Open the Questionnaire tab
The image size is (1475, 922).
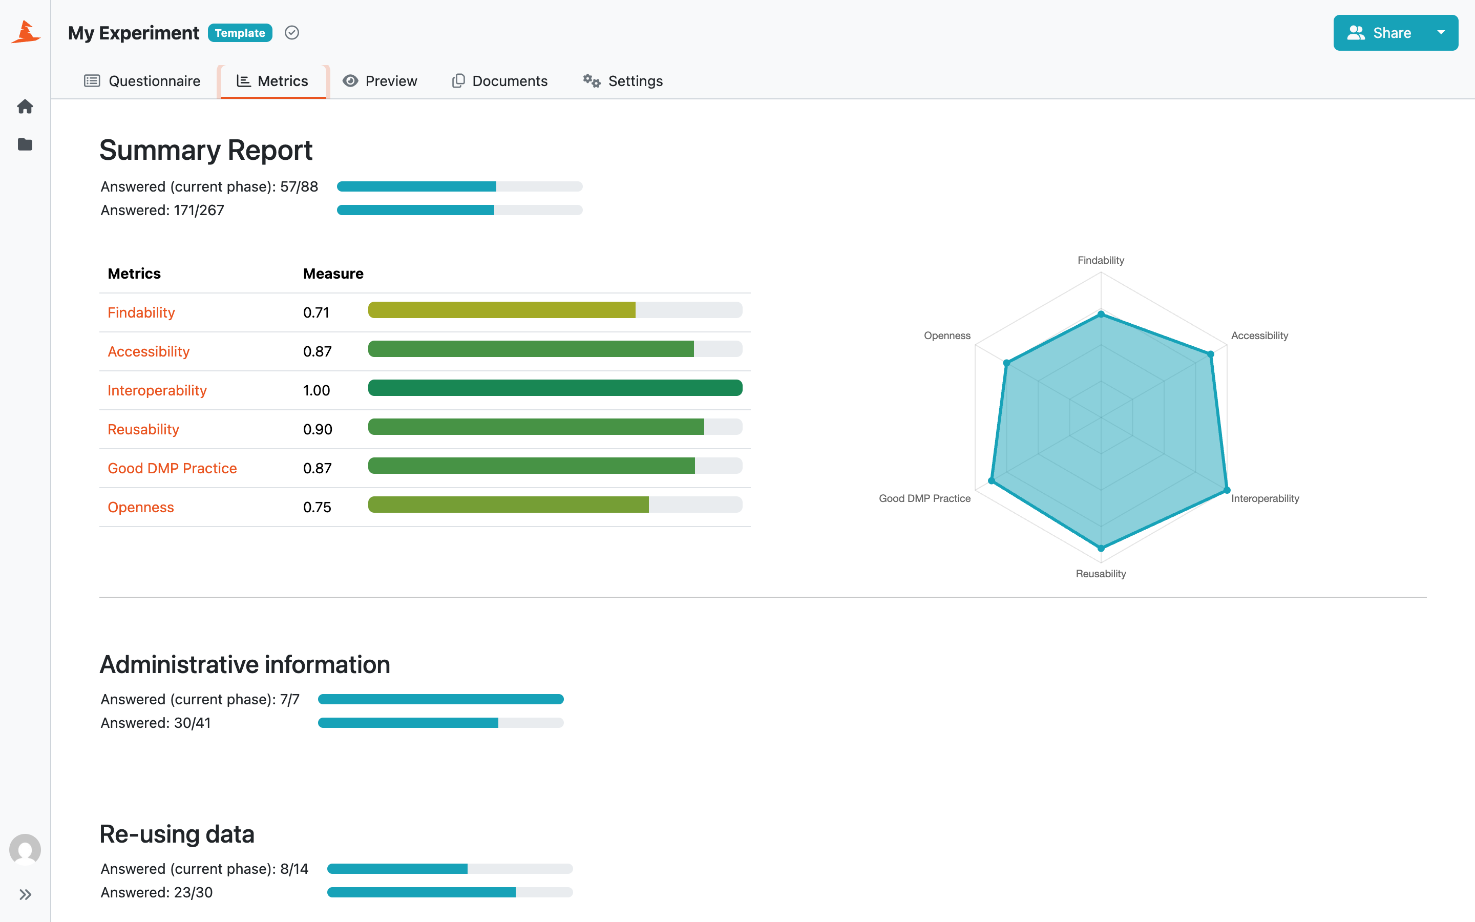click(142, 81)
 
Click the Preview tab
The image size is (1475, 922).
click(380, 81)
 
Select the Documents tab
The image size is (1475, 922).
click(500, 81)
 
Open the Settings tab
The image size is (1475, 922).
click(622, 81)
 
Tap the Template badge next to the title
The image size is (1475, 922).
click(240, 33)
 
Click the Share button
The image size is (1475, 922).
click(1379, 33)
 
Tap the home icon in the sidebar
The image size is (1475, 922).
click(25, 107)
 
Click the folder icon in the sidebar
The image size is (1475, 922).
click(25, 144)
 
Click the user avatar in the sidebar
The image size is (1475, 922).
click(25, 849)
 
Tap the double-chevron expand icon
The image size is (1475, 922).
click(25, 894)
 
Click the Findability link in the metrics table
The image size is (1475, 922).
click(141, 313)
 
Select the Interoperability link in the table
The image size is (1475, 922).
click(157, 390)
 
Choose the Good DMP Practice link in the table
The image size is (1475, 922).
click(173, 468)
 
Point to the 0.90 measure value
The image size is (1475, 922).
click(318, 429)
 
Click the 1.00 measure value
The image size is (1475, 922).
click(317, 390)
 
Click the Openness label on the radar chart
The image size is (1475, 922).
click(947, 336)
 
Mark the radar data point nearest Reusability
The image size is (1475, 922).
click(1101, 548)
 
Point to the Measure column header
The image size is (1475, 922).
click(333, 274)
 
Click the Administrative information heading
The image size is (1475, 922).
click(245, 665)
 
